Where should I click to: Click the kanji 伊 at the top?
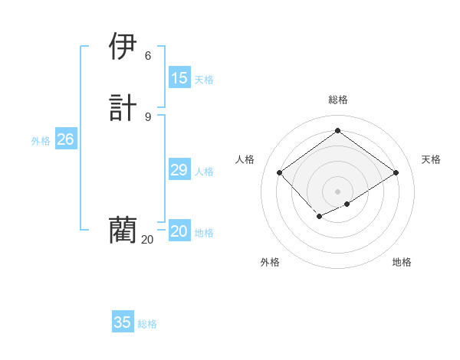pos(123,47)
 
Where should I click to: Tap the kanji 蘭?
pos(123,229)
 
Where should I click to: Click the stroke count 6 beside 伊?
pos(148,56)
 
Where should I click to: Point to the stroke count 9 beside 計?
pos(148,116)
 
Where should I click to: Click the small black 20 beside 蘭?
pos(147,240)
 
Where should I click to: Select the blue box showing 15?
pos(179,78)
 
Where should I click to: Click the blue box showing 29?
pos(179,170)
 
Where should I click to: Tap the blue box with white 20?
pos(179,231)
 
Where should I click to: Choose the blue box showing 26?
pos(65,139)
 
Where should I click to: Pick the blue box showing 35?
pos(123,322)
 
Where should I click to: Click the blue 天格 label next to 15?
pos(204,80)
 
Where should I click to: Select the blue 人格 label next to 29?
pos(204,172)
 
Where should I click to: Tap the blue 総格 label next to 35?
pos(147,324)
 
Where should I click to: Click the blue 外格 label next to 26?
pos(41,141)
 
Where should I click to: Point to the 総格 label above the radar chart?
pos(337,100)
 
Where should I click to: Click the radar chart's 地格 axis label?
pos(402,262)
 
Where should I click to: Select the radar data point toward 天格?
pos(396,173)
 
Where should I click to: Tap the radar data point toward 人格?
pos(280,173)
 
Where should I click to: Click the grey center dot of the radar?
pos(337,191)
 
